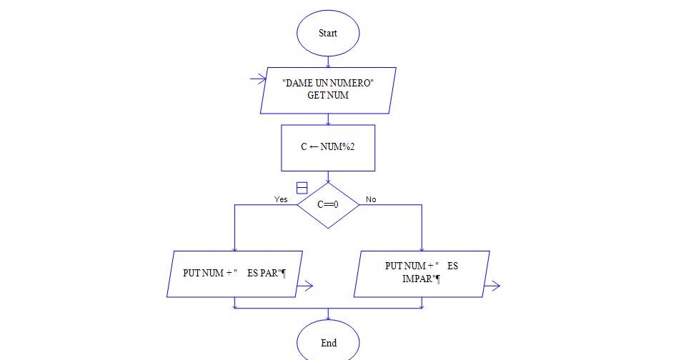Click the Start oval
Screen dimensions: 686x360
tap(328, 34)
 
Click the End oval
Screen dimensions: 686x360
tap(328, 342)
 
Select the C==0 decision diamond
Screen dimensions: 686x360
tap(328, 205)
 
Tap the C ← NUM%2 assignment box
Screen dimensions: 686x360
tap(328, 148)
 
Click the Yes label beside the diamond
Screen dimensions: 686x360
tap(281, 199)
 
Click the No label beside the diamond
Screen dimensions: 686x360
tap(371, 199)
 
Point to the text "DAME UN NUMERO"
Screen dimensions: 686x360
tap(328, 83)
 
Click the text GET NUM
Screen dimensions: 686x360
tap(328, 96)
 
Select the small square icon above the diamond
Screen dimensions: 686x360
tap(302, 188)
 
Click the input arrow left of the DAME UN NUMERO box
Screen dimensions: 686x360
tap(258, 79)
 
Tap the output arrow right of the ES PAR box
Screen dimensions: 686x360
tap(305, 286)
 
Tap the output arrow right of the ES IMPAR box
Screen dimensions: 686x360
tap(492, 286)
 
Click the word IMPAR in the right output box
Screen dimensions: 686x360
tap(418, 279)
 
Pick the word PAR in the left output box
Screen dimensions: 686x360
tap(269, 273)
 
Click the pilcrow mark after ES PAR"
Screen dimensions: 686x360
tap(284, 274)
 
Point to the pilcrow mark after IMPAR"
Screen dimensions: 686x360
tap(438, 279)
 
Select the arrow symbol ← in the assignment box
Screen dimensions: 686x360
tap(314, 147)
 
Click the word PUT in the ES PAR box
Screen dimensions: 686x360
tap(192, 273)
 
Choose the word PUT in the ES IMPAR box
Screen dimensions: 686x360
tap(394, 266)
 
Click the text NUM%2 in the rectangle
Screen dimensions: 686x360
tap(337, 147)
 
